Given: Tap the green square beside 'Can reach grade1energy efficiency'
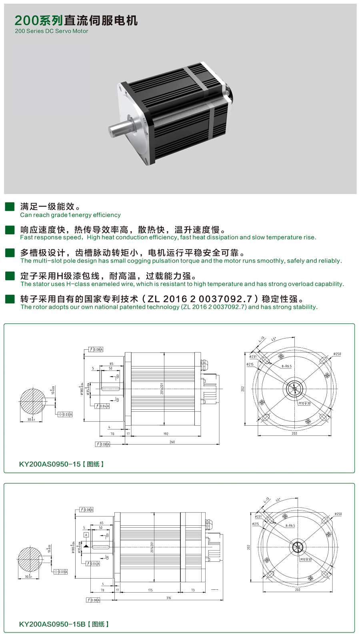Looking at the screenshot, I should [10, 206].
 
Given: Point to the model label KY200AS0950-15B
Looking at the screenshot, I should [52, 624].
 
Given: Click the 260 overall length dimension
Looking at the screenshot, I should [172, 442].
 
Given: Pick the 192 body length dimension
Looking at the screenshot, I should [166, 434].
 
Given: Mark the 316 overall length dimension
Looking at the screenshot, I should [168, 598].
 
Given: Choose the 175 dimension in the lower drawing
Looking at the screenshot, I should [150, 590].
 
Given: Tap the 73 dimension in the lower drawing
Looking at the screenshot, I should [193, 590].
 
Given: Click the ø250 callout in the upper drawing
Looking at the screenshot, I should [337, 354].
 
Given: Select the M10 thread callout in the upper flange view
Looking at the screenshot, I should [304, 403].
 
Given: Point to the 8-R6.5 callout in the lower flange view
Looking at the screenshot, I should [290, 526].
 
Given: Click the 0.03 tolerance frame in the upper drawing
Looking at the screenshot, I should [65, 415].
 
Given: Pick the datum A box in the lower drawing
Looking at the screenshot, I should [86, 535].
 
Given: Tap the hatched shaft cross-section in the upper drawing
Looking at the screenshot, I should [31, 402].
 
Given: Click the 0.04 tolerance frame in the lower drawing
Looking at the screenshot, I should [93, 563].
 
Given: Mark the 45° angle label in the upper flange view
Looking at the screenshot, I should [274, 339].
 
